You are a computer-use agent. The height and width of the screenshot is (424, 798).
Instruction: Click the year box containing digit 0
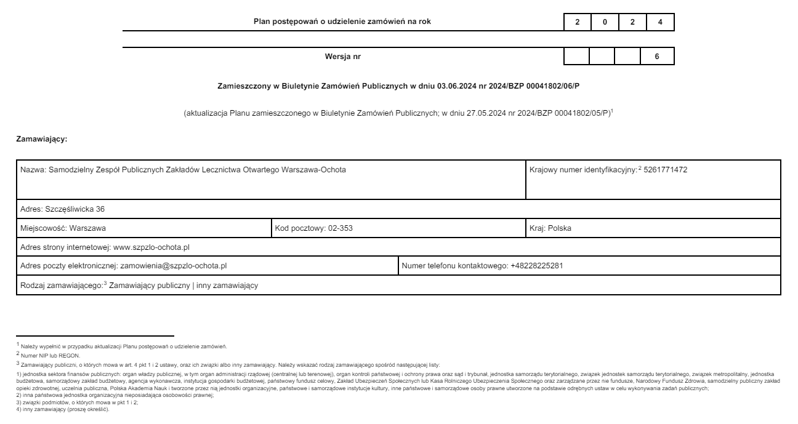point(605,22)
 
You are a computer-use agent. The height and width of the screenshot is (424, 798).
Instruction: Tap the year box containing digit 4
point(660,22)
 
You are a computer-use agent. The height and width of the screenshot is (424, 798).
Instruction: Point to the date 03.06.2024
point(456,86)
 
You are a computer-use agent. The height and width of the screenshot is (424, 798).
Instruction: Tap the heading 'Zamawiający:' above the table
point(42,140)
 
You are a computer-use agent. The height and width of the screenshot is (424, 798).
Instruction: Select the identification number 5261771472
point(665,170)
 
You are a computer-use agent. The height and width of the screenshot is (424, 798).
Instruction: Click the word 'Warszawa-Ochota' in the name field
point(314,170)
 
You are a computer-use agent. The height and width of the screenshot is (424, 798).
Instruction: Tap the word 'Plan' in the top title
point(262,22)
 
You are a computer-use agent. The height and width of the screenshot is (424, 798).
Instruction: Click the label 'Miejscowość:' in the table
point(44,228)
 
